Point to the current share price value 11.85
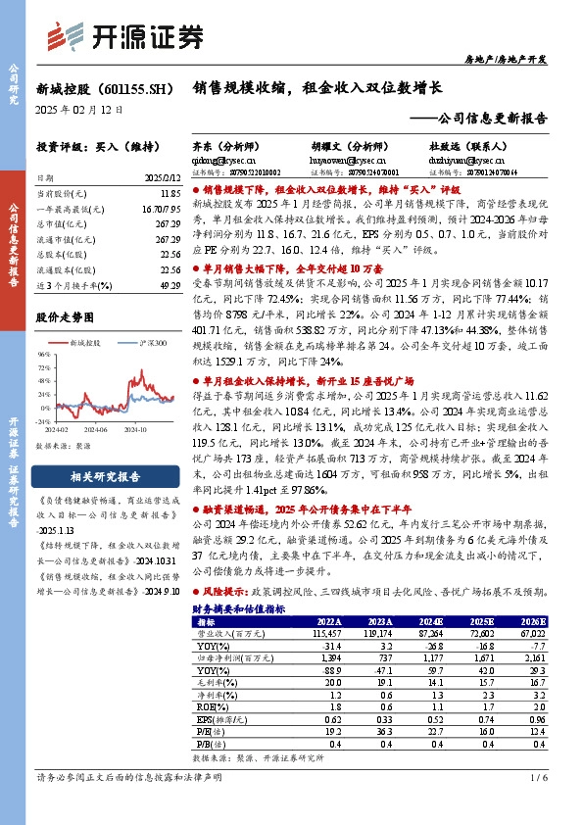(x=170, y=196)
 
